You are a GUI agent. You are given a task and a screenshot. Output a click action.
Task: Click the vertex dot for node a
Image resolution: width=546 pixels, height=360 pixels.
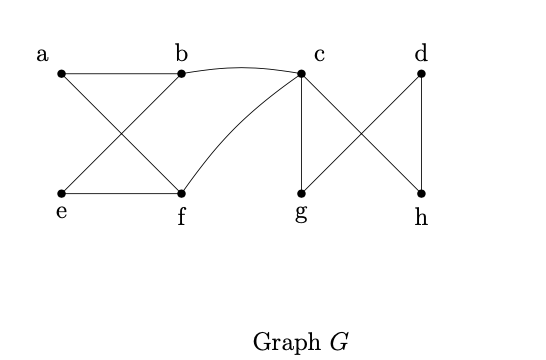pos(61,73)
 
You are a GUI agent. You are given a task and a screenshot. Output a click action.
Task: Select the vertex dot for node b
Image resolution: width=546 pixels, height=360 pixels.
pos(181,73)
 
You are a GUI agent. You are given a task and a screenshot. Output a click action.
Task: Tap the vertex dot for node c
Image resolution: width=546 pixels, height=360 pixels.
pos(301,73)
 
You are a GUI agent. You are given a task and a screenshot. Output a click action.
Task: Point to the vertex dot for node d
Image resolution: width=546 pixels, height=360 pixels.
pos(421,73)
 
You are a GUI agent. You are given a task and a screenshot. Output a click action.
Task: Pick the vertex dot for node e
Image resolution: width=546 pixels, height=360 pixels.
pos(61,193)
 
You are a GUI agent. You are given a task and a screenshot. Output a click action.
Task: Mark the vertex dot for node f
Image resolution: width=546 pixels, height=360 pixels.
pos(181,193)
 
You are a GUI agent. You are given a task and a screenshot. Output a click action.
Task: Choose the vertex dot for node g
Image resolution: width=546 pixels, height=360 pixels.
pos(301,193)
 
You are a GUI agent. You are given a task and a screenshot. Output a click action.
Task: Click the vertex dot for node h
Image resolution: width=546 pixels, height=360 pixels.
pos(421,193)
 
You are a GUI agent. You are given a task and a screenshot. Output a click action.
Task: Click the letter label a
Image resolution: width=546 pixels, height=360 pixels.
pos(43,54)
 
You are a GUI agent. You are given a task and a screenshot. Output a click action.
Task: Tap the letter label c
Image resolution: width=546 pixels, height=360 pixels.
pos(319,54)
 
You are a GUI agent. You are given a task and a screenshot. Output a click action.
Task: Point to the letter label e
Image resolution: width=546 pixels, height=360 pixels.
pos(61,212)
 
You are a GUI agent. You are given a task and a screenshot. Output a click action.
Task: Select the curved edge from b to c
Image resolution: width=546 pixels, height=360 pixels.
pos(241,67)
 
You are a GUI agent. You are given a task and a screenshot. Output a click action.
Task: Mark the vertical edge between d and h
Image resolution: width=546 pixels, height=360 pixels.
pos(421,133)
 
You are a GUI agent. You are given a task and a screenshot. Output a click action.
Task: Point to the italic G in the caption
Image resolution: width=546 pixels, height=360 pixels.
pos(339,341)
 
